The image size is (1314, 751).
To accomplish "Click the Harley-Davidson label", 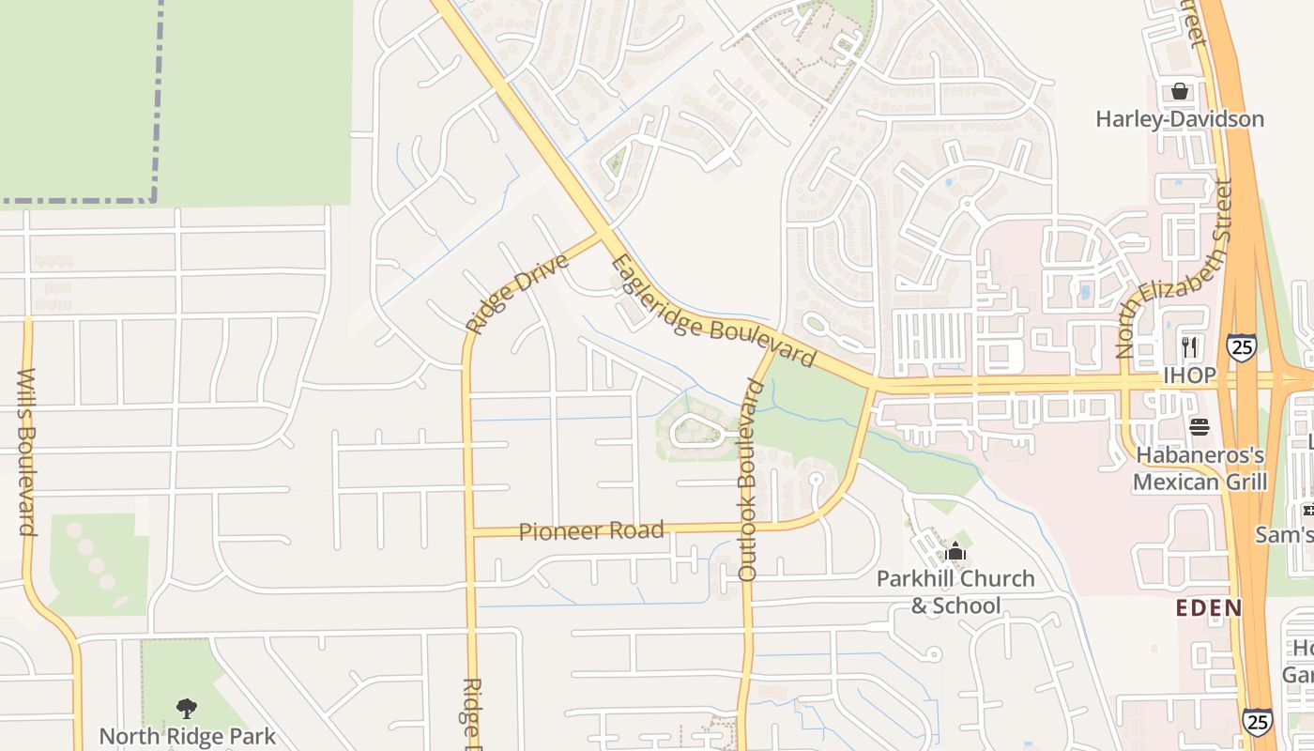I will pyautogui.click(x=1180, y=119).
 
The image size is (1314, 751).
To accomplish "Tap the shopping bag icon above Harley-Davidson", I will pyautogui.click(x=1179, y=91).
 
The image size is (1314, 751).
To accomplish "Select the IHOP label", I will pyautogui.click(x=1189, y=375).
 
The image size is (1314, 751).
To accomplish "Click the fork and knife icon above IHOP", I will pyautogui.click(x=1190, y=346).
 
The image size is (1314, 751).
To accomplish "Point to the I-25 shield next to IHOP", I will pyautogui.click(x=1241, y=347).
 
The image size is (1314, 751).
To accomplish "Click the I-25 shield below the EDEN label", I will pyautogui.click(x=1258, y=720).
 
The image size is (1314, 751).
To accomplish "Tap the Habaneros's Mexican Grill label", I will pyautogui.click(x=1199, y=468).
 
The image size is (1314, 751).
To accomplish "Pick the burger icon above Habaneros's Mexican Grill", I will pyautogui.click(x=1199, y=427).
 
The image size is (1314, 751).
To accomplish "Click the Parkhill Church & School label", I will pyautogui.click(x=955, y=591).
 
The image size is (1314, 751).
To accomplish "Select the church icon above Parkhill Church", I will pyautogui.click(x=955, y=551).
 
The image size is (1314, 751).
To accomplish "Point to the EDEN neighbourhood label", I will pyautogui.click(x=1209, y=607).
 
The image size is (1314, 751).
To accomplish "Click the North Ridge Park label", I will pyautogui.click(x=188, y=736).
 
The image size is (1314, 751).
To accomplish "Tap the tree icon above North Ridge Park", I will pyautogui.click(x=187, y=708).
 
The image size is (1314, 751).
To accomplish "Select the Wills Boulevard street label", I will pyautogui.click(x=26, y=452).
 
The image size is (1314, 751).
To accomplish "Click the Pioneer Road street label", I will pyautogui.click(x=591, y=531).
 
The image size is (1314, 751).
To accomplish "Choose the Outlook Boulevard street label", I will pyautogui.click(x=747, y=479).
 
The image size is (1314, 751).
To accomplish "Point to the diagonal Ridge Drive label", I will pyautogui.click(x=517, y=293).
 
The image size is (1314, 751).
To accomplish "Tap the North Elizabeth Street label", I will pyautogui.click(x=1172, y=269).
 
